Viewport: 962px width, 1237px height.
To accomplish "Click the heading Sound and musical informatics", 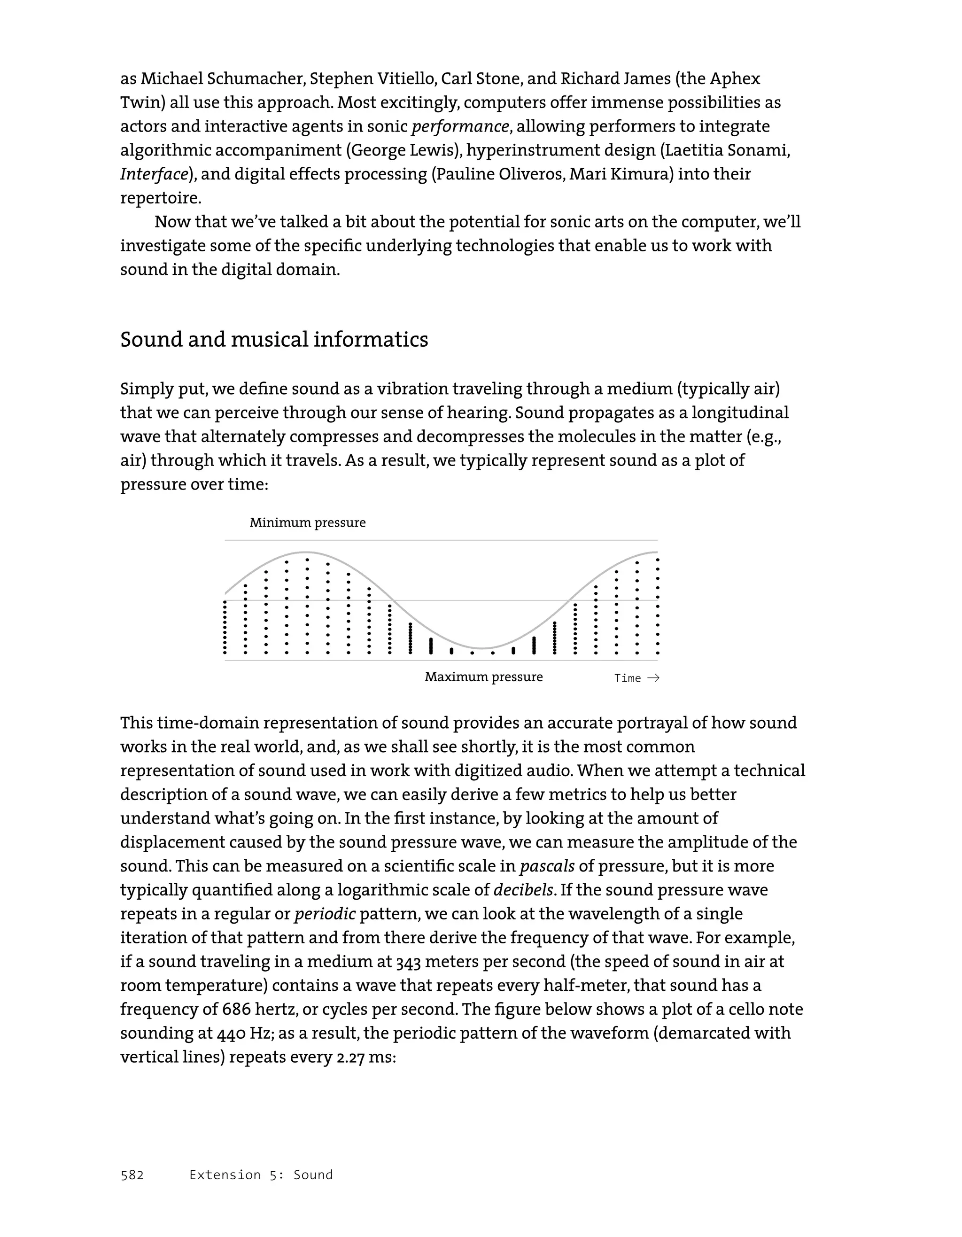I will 274,340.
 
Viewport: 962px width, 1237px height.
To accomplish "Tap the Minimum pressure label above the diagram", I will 308,523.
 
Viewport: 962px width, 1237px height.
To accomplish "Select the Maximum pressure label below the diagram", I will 483,677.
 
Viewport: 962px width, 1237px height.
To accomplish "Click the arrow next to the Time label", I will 653,678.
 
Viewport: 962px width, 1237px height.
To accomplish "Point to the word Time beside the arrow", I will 628,678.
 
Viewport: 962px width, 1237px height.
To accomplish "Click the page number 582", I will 132,1175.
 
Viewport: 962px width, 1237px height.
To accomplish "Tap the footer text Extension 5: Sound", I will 261,1175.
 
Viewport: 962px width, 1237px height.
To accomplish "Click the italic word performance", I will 460,126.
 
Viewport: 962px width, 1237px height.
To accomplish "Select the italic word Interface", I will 154,174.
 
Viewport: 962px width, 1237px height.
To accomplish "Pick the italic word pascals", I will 546,866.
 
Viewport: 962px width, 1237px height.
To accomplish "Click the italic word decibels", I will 523,890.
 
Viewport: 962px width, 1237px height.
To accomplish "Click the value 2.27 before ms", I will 350,1058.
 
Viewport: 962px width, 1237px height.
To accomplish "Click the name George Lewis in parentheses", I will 402,150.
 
